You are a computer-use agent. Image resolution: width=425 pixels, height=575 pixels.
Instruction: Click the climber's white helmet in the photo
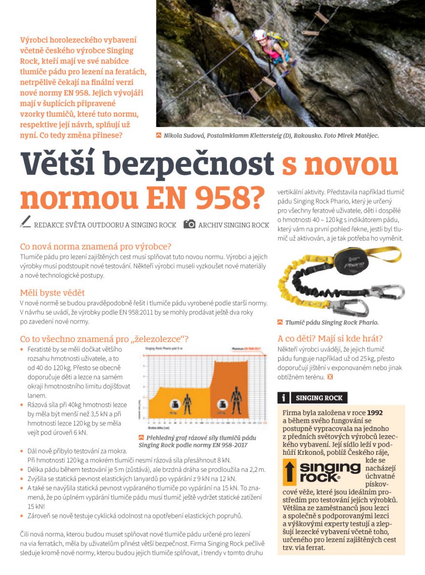pos(260,34)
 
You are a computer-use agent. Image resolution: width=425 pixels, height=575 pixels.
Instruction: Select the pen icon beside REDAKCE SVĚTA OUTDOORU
pos(26,223)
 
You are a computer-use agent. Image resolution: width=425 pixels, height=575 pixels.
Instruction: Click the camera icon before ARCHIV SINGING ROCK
pos(190,225)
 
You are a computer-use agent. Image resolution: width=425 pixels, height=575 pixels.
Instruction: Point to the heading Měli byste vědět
pos(52,293)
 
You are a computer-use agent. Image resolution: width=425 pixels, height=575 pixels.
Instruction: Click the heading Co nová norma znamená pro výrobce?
pos(96,246)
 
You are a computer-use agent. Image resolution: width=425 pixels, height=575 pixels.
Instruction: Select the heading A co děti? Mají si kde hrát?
pos(330,339)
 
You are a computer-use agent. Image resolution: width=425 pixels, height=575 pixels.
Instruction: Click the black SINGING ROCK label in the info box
pos(319,398)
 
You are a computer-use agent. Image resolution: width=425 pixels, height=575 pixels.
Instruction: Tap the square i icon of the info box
pos(283,398)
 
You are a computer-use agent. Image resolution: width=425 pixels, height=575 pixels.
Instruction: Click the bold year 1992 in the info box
pos(375,413)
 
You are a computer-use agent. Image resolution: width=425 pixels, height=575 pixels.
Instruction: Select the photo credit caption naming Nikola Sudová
pos(270,136)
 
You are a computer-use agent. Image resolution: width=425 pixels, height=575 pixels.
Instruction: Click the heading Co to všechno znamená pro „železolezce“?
pos(104,339)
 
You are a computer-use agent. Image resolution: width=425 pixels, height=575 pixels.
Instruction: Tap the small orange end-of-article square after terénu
pos(330,376)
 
